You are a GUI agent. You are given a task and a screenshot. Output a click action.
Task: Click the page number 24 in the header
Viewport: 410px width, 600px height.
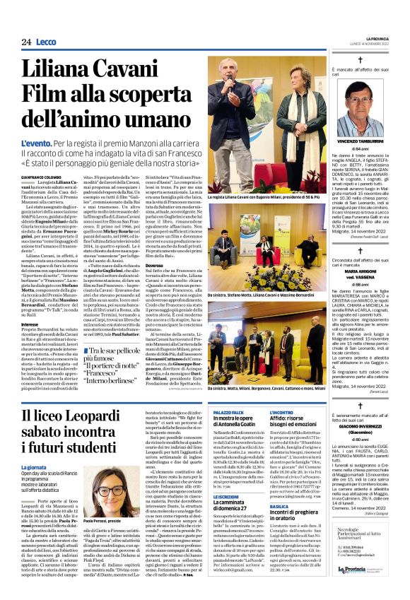pyautogui.click(x=25, y=42)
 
